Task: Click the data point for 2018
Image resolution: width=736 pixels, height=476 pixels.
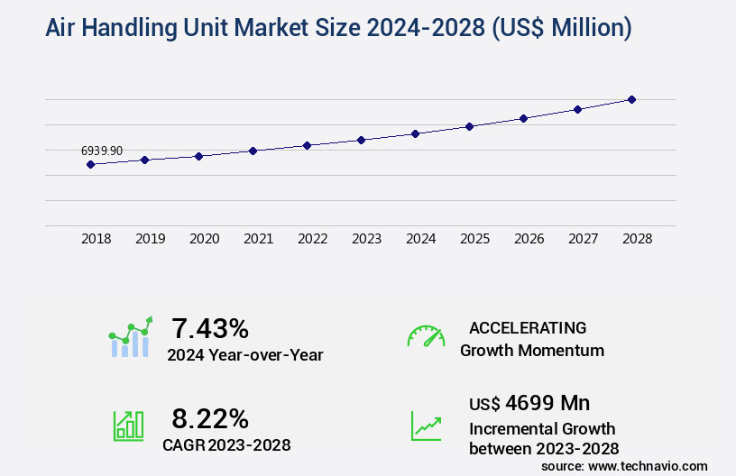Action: pyautogui.click(x=90, y=164)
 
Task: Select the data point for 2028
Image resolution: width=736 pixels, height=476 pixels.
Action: pyautogui.click(x=631, y=99)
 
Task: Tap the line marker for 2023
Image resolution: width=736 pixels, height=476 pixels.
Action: pyautogui.click(x=361, y=140)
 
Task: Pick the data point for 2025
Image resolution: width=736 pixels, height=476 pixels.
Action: pyautogui.click(x=469, y=126)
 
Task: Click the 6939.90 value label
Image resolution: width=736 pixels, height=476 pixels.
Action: pyautogui.click(x=102, y=151)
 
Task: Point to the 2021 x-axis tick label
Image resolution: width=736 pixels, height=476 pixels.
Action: pyautogui.click(x=258, y=239)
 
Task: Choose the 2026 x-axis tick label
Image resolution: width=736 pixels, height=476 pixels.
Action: pyautogui.click(x=529, y=239)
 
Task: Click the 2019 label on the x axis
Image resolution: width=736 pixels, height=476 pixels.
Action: pyautogui.click(x=150, y=239)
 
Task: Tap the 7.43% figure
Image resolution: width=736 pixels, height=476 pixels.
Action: pyautogui.click(x=210, y=328)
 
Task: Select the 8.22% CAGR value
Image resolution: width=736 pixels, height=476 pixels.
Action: pyautogui.click(x=210, y=418)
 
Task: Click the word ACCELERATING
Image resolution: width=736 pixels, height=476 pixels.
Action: pyautogui.click(x=528, y=327)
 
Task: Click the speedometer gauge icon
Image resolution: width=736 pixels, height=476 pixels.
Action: pyautogui.click(x=426, y=336)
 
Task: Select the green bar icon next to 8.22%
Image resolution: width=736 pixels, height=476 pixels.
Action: pyautogui.click(x=128, y=426)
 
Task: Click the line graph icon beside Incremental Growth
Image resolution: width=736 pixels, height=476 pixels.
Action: pyautogui.click(x=426, y=426)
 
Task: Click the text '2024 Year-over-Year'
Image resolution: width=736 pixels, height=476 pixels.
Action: pyautogui.click(x=244, y=355)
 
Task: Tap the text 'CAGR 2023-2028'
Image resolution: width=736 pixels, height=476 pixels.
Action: pyautogui.click(x=226, y=444)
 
